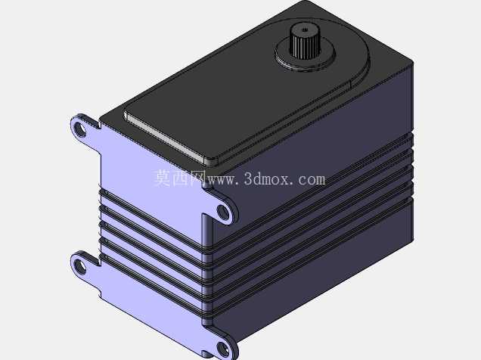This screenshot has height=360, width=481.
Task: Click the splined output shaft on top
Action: (303, 42)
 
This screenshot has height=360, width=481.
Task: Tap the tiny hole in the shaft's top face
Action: (304, 29)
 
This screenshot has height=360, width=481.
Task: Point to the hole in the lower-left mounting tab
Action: (80, 266)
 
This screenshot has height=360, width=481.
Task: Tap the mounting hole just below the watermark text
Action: (224, 213)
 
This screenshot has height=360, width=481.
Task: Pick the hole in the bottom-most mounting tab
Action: (223, 349)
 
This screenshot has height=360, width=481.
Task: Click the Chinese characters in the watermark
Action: (179, 178)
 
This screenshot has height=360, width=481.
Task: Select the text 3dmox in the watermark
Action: (266, 178)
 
